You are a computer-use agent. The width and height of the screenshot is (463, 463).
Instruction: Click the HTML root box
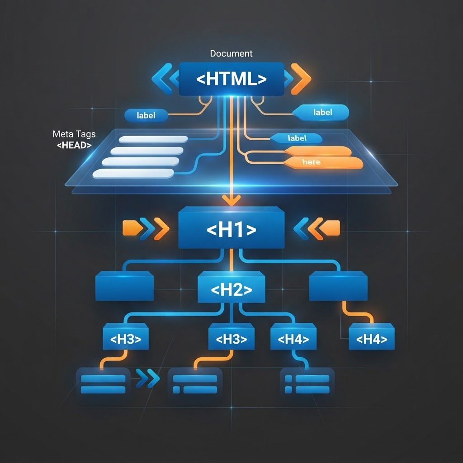(231, 79)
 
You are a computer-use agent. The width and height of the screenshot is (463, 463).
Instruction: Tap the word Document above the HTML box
(231, 53)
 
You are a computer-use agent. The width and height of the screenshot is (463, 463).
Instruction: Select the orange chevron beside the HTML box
(301, 79)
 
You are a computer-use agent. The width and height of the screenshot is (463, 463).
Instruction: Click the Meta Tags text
(74, 134)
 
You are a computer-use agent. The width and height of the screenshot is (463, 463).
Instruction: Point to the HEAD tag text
(74, 145)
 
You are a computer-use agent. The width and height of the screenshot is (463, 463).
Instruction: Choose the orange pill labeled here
(324, 163)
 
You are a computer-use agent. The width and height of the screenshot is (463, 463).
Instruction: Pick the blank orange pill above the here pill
(318, 151)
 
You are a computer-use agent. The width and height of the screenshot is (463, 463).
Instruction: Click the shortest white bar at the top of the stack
(153, 139)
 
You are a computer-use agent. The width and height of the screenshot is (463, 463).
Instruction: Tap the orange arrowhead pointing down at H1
(231, 200)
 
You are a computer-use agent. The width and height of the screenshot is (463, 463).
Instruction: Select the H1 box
(231, 228)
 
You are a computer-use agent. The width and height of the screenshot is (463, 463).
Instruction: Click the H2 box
(231, 287)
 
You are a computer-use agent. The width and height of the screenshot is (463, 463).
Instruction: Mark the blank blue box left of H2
(125, 286)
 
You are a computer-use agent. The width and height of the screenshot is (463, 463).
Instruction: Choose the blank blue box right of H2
(338, 286)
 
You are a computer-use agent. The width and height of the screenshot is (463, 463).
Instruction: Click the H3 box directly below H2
(231, 336)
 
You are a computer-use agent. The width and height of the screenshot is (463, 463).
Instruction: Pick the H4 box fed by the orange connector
(372, 336)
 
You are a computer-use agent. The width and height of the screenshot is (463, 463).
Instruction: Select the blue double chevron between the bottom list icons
(148, 378)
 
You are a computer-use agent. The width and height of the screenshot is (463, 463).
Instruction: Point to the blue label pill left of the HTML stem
(146, 115)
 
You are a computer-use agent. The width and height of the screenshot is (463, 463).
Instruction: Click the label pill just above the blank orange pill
(297, 138)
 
